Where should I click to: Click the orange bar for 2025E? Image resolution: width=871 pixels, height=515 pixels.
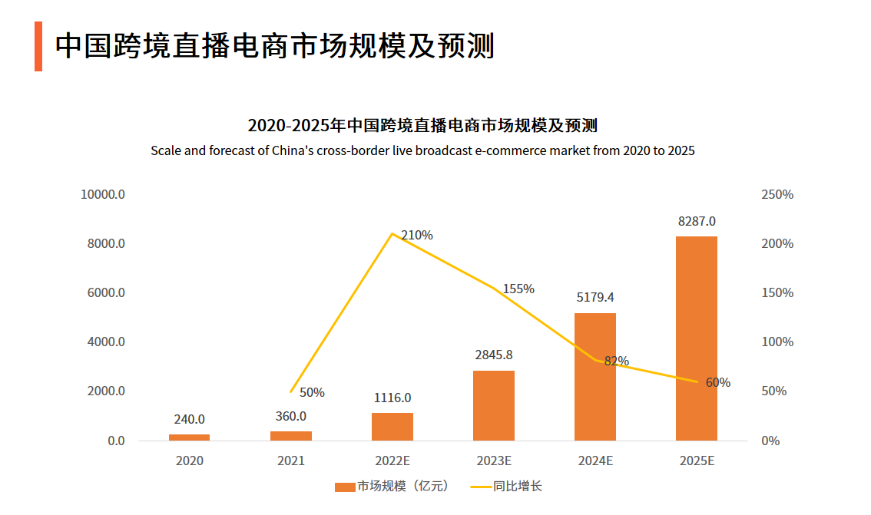696,338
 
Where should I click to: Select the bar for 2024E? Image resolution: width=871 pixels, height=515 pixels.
595,376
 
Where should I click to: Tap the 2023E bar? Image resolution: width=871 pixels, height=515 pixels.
494,405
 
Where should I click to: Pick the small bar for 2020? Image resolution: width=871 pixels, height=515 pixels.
189,437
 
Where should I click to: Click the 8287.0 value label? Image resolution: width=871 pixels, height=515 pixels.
697,221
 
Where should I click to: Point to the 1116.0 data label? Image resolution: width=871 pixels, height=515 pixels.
392,398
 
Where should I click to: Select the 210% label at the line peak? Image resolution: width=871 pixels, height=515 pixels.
417,235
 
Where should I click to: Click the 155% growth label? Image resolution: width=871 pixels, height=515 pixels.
518,289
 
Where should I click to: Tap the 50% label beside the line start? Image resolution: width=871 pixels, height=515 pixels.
312,392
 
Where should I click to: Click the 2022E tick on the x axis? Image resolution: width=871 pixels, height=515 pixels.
392,461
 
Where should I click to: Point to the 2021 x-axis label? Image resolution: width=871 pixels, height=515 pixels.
291,461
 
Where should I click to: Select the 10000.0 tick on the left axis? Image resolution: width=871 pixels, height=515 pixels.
103,194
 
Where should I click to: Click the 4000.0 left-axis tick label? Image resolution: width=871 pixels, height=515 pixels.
106,342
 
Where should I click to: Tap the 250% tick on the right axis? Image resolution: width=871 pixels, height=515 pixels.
777,194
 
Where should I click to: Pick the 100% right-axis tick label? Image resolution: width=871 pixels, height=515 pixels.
777,342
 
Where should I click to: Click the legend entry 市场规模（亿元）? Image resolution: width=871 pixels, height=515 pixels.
392,487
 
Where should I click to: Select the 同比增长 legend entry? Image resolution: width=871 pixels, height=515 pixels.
507,487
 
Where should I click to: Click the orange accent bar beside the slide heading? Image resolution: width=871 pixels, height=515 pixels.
38,46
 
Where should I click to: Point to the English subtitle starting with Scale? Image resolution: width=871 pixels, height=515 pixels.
422,150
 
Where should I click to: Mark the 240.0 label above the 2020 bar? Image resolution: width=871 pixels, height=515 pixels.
189,419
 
